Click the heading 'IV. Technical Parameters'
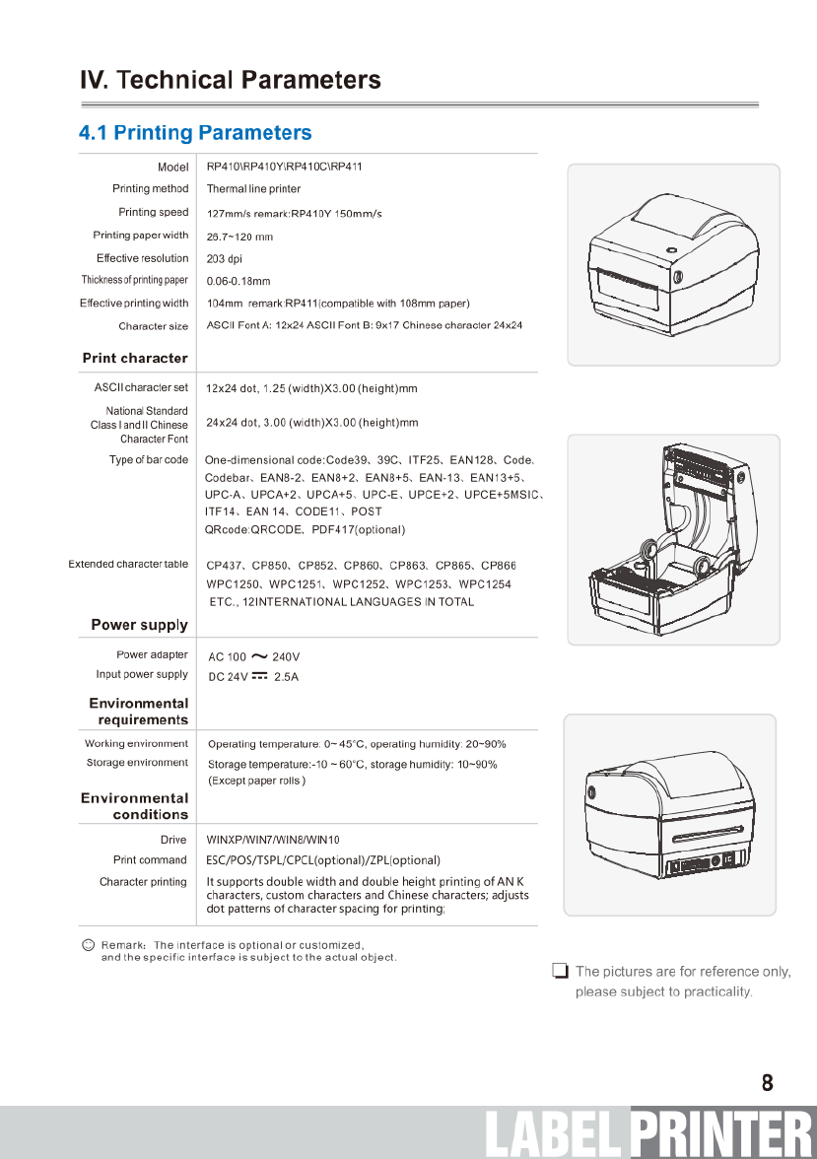tap(230, 80)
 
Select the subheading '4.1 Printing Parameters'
tap(195, 133)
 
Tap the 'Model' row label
tap(172, 167)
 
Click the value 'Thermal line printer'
tap(253, 189)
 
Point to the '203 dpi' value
tap(225, 259)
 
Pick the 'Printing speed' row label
tap(153, 212)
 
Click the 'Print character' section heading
tap(134, 358)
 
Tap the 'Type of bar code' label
tap(148, 460)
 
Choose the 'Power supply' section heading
tap(139, 625)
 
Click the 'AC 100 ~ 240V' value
tap(253, 656)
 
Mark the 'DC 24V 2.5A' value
tap(253, 677)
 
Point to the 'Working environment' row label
tap(136, 743)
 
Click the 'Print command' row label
tap(150, 860)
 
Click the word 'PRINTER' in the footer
tap(721, 1134)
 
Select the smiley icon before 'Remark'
tap(88, 945)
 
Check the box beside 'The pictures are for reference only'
tap(560, 972)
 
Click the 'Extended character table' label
tap(128, 565)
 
